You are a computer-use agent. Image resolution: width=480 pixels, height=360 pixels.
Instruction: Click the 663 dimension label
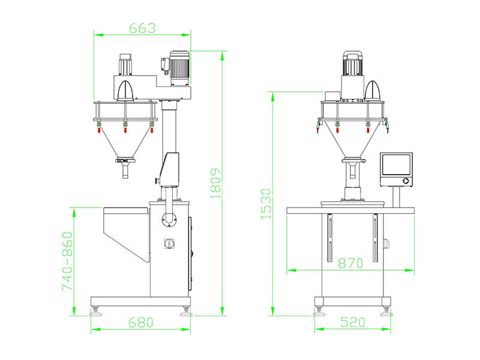[x=142, y=28]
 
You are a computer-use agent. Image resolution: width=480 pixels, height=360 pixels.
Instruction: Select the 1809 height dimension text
[x=216, y=184]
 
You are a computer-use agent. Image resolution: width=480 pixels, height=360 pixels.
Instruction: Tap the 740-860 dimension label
[x=68, y=261]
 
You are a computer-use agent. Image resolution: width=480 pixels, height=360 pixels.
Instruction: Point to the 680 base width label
[x=140, y=322]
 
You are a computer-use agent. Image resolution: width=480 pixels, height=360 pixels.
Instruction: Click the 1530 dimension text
[x=266, y=204]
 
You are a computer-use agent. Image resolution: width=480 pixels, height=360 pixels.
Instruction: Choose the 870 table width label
[x=350, y=263]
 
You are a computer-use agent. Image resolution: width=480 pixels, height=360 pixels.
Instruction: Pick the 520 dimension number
[x=353, y=322]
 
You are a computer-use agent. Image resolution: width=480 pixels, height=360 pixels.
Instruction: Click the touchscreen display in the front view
[x=396, y=164]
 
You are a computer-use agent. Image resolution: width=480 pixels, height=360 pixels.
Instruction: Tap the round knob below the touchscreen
[x=406, y=181]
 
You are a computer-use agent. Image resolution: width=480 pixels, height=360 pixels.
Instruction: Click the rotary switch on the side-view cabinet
[x=169, y=244]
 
